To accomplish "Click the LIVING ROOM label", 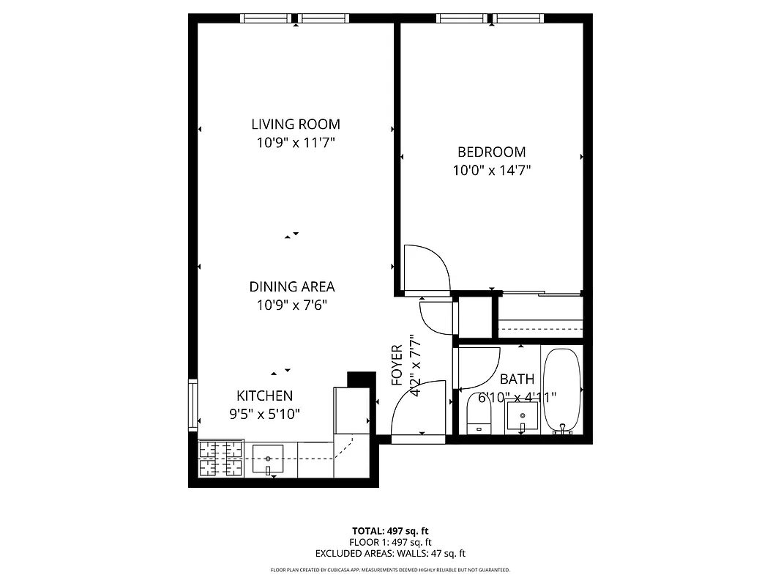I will point(296,125).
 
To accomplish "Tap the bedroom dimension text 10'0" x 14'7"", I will point(491,171).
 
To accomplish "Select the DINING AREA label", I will point(292,287).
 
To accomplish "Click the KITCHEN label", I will point(264,396).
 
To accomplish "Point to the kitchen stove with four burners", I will point(220,459).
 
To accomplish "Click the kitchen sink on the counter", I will point(268,459).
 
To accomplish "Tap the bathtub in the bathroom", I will point(561,392).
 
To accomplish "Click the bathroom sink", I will point(523,418).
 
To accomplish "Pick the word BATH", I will point(517,379).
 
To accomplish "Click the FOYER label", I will point(397,365).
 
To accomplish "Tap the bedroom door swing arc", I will point(427,268).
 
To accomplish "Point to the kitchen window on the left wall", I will point(193,404).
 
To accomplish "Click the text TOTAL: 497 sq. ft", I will point(390,530).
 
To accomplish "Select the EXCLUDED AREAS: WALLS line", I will point(390,554).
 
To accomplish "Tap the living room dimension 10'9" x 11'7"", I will point(296,144).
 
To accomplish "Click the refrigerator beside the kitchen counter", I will point(351,415).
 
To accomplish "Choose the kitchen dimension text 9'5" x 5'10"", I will point(264,414).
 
